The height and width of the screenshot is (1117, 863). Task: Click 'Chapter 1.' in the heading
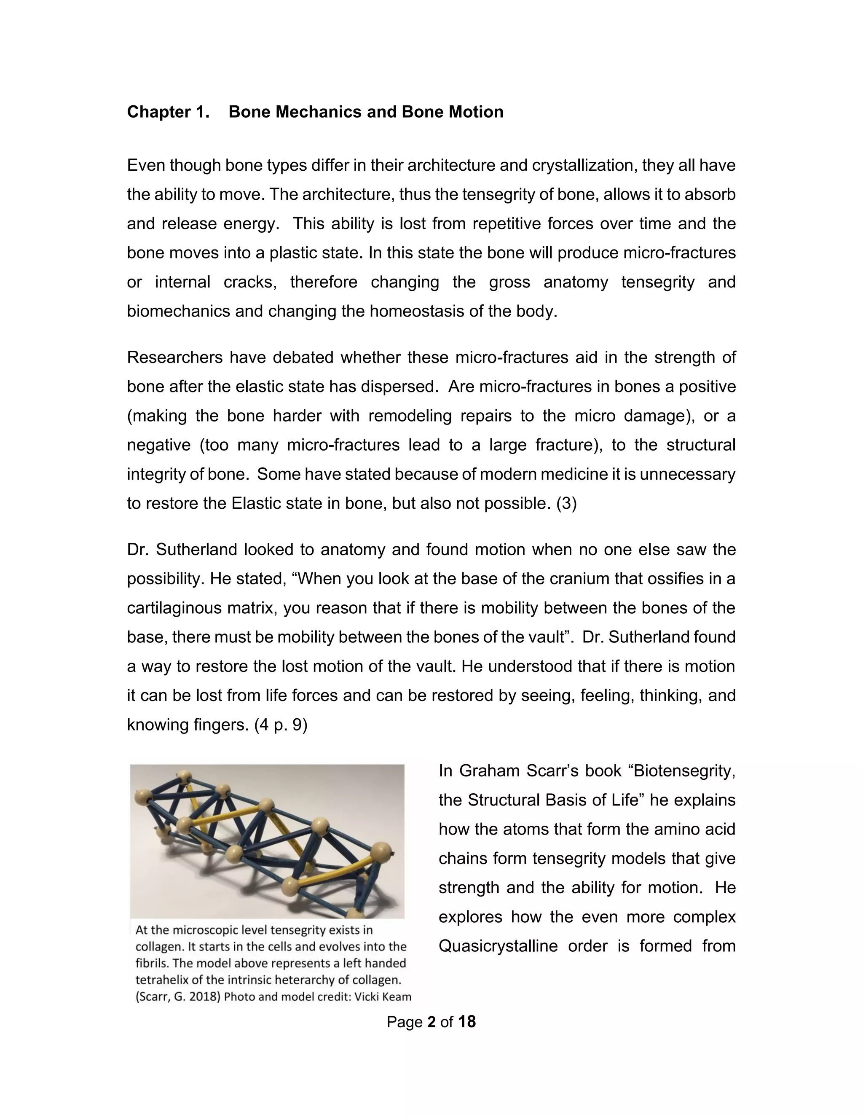coord(168,112)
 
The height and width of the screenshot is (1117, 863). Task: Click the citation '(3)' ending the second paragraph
coord(566,503)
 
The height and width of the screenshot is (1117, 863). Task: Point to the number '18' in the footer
coord(467,1022)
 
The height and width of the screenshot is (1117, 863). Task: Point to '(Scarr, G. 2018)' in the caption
coord(177,997)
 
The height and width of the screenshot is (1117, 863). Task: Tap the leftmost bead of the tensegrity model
coord(143,797)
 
